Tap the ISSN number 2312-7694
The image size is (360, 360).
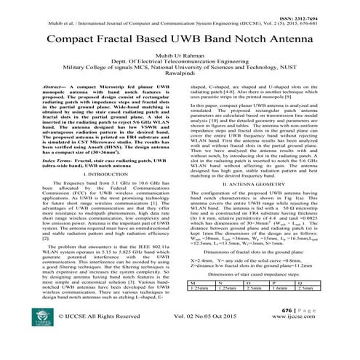tap(333, 5)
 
